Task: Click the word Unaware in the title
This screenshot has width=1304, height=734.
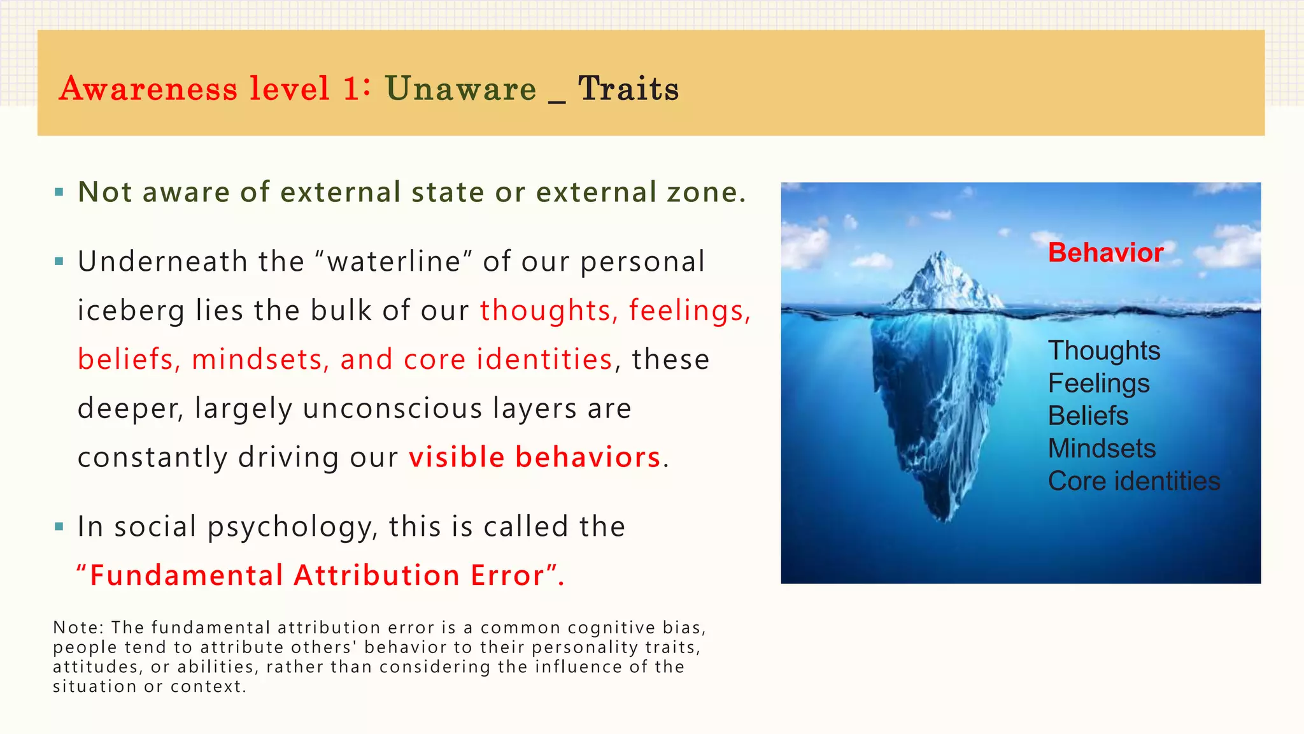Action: pos(460,88)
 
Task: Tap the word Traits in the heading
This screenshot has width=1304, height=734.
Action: pos(628,88)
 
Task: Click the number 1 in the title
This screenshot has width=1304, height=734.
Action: pos(351,88)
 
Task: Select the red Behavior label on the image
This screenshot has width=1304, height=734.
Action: pos(1105,253)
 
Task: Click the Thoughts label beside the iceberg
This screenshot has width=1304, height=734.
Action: pos(1104,350)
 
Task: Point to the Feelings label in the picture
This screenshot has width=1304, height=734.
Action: pos(1098,383)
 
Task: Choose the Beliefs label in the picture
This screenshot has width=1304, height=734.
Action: pos(1088,415)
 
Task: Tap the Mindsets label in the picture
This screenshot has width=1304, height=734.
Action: pos(1102,448)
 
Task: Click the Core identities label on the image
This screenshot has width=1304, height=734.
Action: pos(1133,481)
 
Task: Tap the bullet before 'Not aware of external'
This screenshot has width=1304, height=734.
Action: pos(59,192)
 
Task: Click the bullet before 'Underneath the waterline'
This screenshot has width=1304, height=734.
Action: pos(59,261)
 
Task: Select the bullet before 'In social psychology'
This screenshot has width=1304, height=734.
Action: pos(59,526)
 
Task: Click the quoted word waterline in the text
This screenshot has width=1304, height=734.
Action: pos(393,261)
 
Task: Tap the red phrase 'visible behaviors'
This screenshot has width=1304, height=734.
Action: pos(535,457)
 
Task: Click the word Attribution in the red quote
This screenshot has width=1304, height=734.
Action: pos(376,575)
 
